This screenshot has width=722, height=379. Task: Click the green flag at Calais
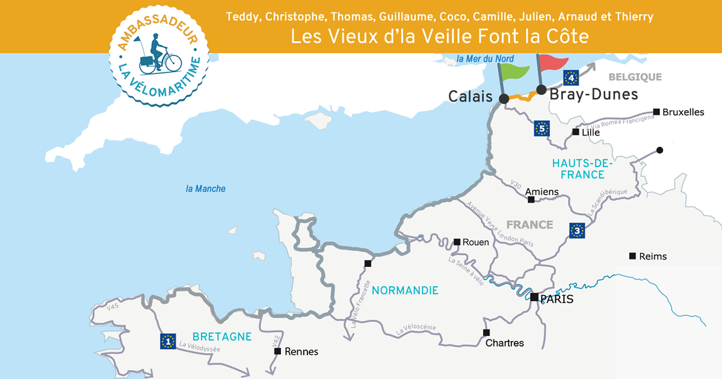point(516,71)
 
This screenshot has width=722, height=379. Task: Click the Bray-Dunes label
point(594,94)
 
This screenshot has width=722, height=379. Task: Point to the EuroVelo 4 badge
point(571,77)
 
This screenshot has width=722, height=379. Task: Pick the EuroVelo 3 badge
point(577,230)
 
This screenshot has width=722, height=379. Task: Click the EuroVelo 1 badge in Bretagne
point(168,341)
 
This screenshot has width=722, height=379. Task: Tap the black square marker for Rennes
point(277,351)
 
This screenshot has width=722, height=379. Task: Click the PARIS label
point(557,299)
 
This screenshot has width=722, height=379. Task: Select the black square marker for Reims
point(632,256)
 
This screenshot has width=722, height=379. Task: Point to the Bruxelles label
point(683,112)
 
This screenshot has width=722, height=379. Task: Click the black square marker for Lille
point(576,132)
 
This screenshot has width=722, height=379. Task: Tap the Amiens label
point(542,192)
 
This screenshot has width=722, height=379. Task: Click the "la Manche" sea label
point(206,189)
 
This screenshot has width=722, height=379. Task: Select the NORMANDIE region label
point(405,291)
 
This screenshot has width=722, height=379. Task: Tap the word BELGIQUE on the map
point(635,77)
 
